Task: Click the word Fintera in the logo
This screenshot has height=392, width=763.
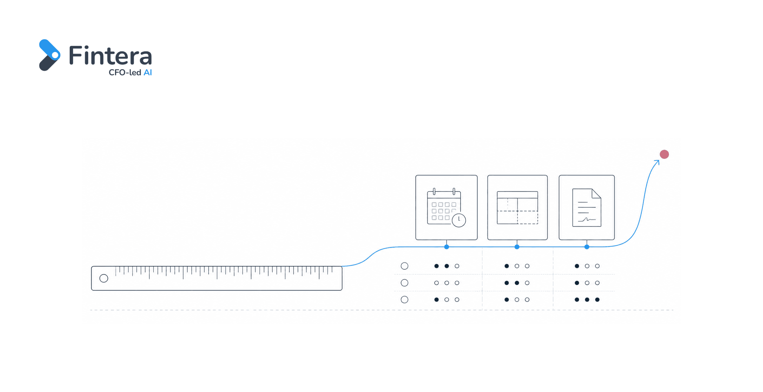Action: pos(110,55)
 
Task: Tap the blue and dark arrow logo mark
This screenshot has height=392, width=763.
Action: pos(49,55)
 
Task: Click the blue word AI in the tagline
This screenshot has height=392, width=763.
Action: pos(148,73)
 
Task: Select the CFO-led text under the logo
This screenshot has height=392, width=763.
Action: pos(125,73)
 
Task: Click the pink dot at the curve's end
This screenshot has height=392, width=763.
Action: pos(664,154)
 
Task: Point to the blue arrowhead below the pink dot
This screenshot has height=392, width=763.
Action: pos(657,162)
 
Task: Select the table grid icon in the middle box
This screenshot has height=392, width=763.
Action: pos(517,208)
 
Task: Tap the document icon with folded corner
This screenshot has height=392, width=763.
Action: pos(586,207)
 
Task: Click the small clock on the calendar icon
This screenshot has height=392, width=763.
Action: pos(459,220)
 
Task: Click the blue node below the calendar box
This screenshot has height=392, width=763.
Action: pos(446,247)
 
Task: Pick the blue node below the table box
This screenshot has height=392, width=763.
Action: pos(517,247)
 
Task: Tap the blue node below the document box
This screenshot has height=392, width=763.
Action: pos(587,247)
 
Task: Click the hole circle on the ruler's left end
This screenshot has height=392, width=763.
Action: pos(104,278)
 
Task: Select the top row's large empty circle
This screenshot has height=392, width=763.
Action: pos(404,266)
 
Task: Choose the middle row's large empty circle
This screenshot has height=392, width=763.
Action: pos(404,283)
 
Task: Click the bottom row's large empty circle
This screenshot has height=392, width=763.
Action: pos(404,300)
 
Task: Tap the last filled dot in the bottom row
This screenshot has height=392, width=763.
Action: pos(597,300)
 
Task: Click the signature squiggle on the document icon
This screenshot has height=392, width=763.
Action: pos(586,220)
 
